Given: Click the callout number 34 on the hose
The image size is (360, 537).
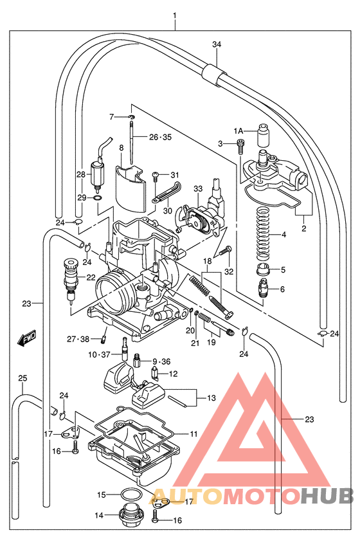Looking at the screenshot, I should pyautogui.click(x=216, y=44).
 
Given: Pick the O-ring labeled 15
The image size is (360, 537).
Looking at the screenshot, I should pyautogui.click(x=132, y=495).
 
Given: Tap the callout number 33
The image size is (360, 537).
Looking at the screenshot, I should pyautogui.click(x=198, y=188).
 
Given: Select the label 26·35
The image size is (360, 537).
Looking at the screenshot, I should pyautogui.click(x=160, y=137).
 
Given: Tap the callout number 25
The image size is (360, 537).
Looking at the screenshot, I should pyautogui.click(x=22, y=378).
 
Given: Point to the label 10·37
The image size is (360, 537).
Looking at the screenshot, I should pyautogui.click(x=100, y=354).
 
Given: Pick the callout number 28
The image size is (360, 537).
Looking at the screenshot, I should pyautogui.click(x=80, y=174).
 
